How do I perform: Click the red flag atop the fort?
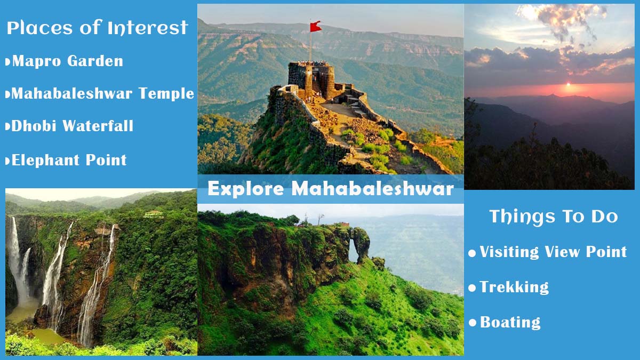[x=316, y=26]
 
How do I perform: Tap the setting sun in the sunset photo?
[x=569, y=85]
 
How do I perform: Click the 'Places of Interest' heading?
[x=97, y=28]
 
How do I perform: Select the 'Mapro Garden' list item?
[x=67, y=61]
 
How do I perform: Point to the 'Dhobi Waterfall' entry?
[x=72, y=126]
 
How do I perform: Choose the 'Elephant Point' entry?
[x=69, y=160]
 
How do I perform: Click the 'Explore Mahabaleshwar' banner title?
[x=331, y=189]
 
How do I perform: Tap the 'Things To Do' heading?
[x=554, y=217]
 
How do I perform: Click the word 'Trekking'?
[x=514, y=287]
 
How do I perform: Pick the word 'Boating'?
[x=510, y=323]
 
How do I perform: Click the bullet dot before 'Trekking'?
[x=472, y=289]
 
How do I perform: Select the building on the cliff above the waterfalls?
[x=154, y=214]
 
